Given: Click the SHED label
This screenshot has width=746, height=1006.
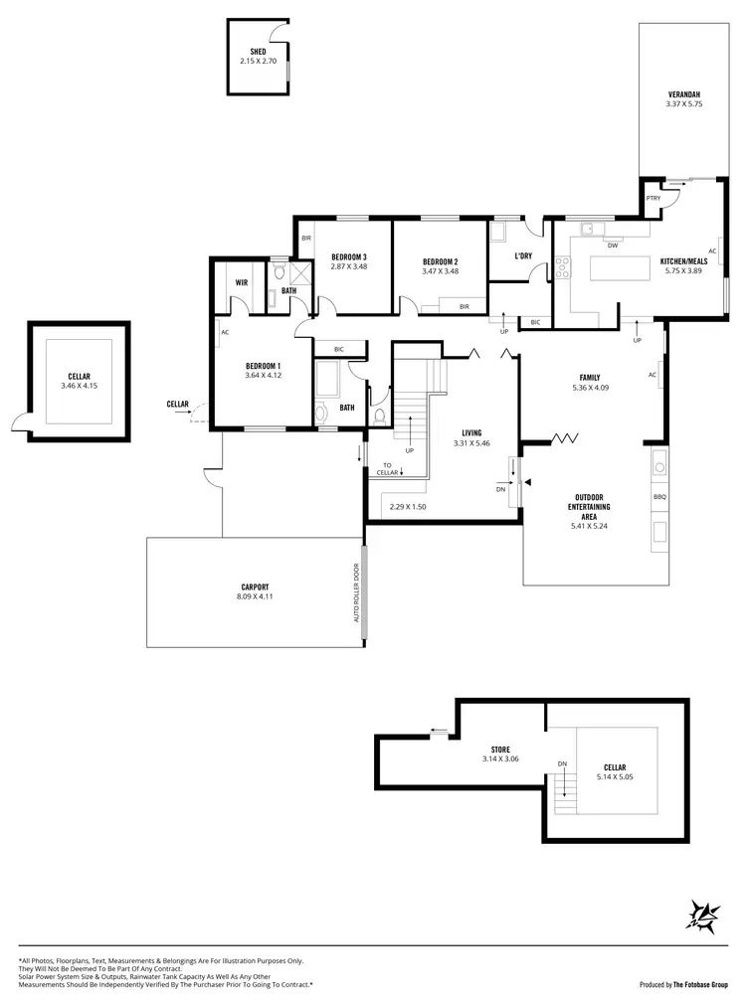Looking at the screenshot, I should pos(258,51).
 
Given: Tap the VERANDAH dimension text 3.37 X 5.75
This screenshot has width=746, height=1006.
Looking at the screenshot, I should pos(684,103).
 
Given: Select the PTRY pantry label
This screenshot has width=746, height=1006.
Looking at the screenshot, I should pos(653,198).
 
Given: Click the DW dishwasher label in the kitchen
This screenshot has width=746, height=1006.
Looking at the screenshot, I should pos(612,245).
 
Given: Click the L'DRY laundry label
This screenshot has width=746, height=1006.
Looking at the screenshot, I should pos(523,256).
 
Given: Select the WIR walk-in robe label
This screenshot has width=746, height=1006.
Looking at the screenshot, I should pos(241,282).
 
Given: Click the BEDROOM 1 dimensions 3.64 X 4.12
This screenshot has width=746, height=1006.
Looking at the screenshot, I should pos(264,376).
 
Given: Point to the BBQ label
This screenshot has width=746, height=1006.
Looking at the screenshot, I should pos(658,496).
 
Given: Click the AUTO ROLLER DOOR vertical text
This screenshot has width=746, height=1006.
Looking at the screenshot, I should pos(355,593).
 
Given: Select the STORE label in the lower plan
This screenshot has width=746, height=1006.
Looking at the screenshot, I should pos(500,750).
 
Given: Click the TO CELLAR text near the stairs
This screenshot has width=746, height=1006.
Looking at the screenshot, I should pos(388,468).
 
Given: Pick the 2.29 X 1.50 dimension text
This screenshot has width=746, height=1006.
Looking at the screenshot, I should pos(408,507).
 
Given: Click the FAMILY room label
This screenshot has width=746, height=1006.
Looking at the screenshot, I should pos(590,378).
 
